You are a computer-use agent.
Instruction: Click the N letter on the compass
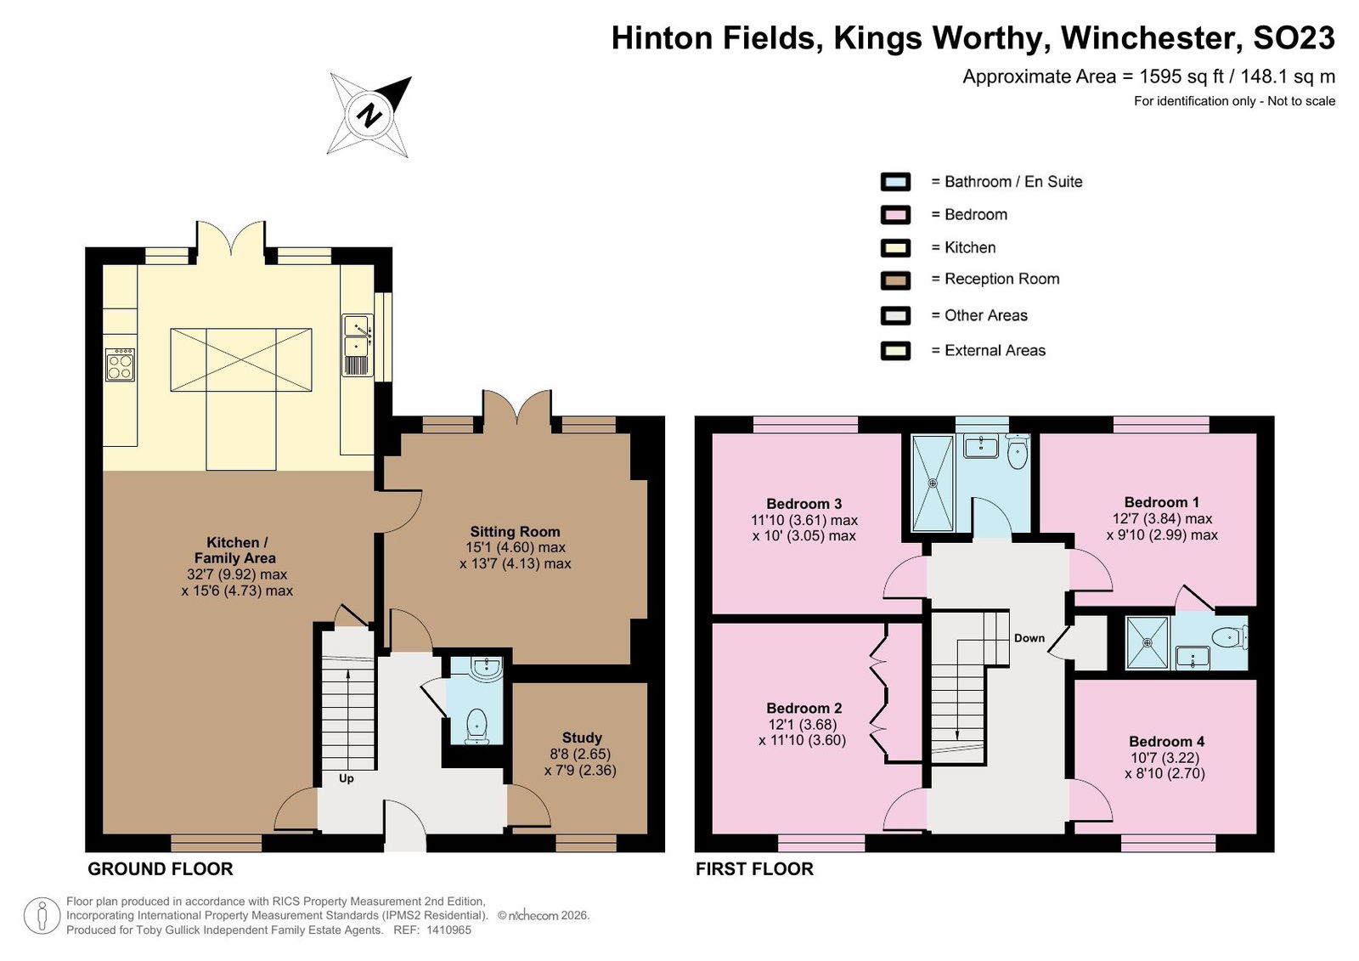pos(369,115)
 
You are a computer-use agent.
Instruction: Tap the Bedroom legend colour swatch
pos(895,215)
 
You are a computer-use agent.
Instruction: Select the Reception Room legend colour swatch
pos(895,280)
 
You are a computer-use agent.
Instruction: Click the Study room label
pos(582,738)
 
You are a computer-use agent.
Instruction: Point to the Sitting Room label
pos(515,532)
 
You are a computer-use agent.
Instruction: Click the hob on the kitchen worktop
pos(120,365)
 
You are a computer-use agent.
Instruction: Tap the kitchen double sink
pos(358,345)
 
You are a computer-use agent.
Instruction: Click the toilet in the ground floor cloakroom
pos(476,726)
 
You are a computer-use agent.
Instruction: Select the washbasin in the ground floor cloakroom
pos(487,668)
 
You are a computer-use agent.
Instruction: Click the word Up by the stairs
pos(346,779)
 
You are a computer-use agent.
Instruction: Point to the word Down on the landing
pos(1029,638)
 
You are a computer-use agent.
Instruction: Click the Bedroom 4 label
pos(1166,741)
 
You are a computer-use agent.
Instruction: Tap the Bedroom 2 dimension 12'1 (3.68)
pos(802,724)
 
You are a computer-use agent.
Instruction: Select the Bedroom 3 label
pos(804,504)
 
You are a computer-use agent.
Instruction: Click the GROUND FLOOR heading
pos(161,869)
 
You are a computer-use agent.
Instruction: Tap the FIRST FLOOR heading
pos(754,869)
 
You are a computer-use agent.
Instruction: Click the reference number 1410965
pos(449,930)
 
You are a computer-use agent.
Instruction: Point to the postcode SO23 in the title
pos(1294,38)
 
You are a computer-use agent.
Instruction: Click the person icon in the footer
pos(42,915)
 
